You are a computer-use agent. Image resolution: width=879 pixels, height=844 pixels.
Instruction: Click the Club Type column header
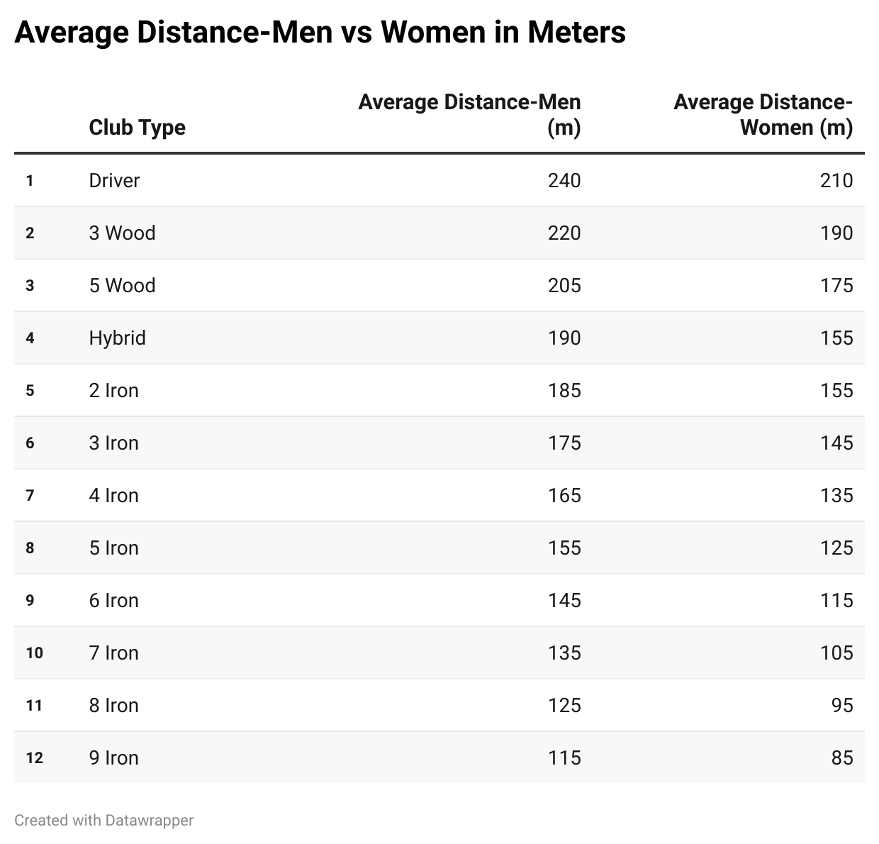coord(137,128)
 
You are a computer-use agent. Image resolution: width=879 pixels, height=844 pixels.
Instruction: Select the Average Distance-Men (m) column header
coord(469,115)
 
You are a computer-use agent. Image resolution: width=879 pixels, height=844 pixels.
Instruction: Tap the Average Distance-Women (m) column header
coord(763,115)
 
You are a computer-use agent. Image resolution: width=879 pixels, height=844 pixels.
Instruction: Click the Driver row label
coord(114,181)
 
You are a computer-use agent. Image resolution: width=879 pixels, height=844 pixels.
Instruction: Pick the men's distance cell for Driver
coord(564,181)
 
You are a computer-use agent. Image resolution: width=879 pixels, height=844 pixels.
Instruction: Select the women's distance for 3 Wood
coord(836,233)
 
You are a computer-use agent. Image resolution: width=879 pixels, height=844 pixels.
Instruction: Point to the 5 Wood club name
coord(122,286)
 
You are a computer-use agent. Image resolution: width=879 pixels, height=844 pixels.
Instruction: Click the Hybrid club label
coord(117,338)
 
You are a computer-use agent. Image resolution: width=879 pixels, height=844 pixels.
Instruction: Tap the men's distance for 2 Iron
coord(564,391)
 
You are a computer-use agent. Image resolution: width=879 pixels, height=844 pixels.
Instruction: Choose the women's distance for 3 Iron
coord(836,443)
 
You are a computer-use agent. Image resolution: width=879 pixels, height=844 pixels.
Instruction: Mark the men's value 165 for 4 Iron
coord(564,496)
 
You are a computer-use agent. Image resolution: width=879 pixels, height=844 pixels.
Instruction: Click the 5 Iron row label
coord(113,548)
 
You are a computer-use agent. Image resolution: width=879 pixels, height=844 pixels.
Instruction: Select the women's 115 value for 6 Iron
coord(836,601)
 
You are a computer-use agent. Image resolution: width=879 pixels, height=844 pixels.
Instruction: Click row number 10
coord(34,653)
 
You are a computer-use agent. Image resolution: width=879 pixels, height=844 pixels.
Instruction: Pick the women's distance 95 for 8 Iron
coord(842,706)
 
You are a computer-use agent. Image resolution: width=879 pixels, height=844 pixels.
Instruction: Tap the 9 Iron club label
coord(113,758)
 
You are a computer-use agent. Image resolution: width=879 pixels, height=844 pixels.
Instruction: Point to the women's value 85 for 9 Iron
coord(842,758)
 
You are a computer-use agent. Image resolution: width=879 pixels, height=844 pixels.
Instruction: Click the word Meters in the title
coord(576,32)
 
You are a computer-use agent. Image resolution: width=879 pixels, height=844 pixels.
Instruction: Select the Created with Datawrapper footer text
coord(103,821)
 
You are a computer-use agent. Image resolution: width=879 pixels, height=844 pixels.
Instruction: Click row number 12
coord(34,758)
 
